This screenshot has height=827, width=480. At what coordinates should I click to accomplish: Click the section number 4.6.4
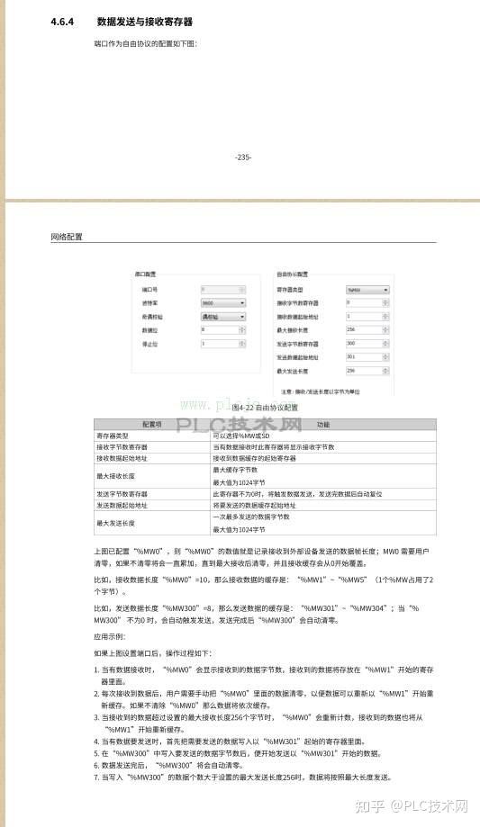pyautogui.click(x=62, y=21)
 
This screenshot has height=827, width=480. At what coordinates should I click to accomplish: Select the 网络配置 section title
pyautogui.click(x=66, y=238)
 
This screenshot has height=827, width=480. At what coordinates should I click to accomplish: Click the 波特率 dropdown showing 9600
pyautogui.click(x=222, y=303)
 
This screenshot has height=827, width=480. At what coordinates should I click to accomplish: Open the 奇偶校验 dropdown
pyautogui.click(x=222, y=317)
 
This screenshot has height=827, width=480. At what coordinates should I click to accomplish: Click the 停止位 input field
pyautogui.click(x=222, y=344)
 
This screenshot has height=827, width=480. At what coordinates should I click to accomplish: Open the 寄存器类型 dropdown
pyautogui.click(x=367, y=290)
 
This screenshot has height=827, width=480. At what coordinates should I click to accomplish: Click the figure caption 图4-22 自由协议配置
pyautogui.click(x=265, y=407)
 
